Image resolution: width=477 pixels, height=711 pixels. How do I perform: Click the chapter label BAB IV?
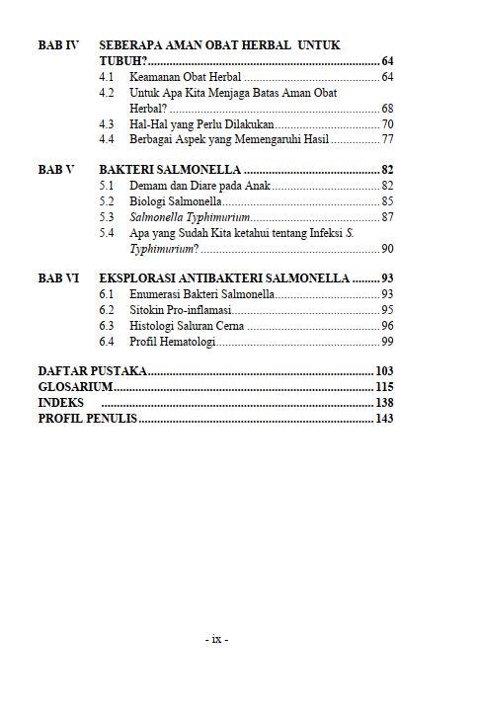pos(57,45)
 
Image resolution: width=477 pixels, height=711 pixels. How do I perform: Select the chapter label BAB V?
pos(55,170)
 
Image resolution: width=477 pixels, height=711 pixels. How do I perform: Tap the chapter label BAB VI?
pos(57,278)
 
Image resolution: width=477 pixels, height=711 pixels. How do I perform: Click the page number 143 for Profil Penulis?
pos(384,419)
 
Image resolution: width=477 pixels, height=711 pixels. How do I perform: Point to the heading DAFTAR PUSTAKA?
pos(93,371)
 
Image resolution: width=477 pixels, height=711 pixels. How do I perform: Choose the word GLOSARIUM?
pos(75,387)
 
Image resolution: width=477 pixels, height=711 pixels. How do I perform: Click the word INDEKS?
pos(60,403)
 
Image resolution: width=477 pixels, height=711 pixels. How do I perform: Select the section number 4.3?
pos(108,124)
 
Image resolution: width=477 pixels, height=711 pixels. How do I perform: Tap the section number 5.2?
pos(108,201)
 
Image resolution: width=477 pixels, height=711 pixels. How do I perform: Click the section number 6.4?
pos(108,342)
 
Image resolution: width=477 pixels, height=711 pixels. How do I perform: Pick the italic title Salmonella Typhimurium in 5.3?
pos(190,217)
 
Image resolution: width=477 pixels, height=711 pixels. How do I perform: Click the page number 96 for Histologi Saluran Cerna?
pos(387,326)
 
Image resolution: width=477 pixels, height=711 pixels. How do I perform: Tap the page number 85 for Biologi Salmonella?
pos(387,201)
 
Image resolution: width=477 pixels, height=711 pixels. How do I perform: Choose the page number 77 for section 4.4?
pos(387,140)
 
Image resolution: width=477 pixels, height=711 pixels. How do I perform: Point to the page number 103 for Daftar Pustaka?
pos(384,371)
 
